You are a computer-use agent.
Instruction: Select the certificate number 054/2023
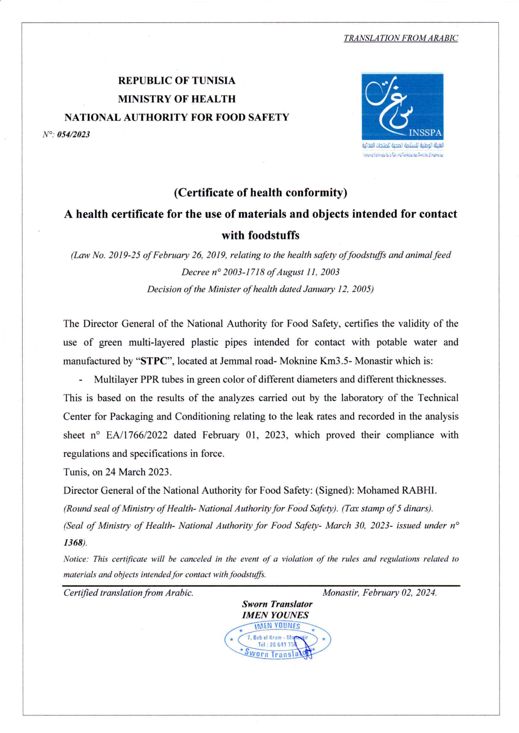click(x=73, y=135)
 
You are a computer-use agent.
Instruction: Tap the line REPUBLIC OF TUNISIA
click(x=176, y=81)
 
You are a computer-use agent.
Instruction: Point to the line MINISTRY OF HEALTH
click(x=176, y=99)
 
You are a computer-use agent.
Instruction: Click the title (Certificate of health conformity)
click(x=261, y=193)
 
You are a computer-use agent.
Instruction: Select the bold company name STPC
click(x=154, y=361)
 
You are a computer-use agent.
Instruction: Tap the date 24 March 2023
click(x=138, y=472)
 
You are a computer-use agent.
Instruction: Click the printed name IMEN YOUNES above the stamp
click(x=275, y=615)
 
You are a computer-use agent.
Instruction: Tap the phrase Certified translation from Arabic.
click(x=128, y=593)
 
